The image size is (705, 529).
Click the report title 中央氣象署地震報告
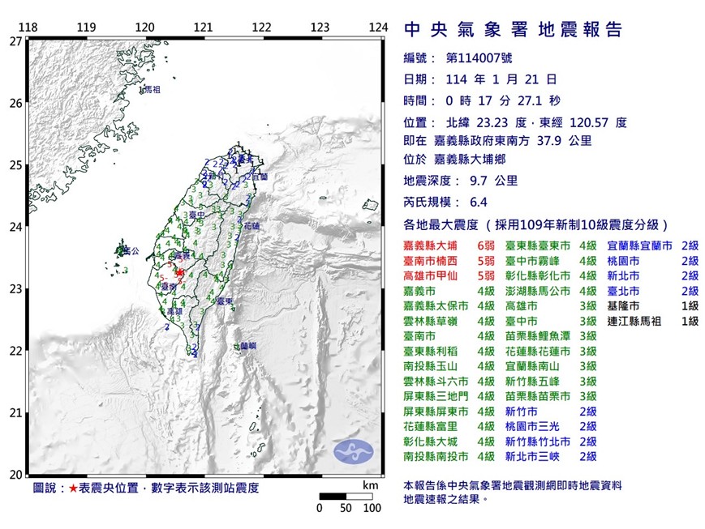coord(513,31)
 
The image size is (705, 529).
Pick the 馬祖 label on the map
coord(150,89)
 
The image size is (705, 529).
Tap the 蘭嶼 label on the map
coord(249,346)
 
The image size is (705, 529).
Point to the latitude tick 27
coord(15,41)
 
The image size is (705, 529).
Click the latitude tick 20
coord(15,475)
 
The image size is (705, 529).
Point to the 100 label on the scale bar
coord(372,509)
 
